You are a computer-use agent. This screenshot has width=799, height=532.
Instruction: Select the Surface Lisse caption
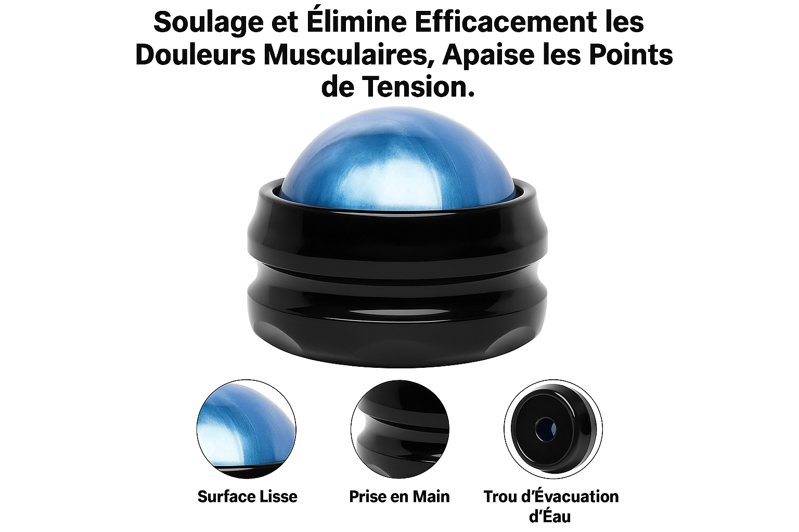(247, 496)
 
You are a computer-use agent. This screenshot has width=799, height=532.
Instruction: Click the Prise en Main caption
(399, 496)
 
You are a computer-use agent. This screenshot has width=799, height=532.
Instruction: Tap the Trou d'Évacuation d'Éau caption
(551, 507)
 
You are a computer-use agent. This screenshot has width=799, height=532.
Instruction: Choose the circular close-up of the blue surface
(247, 429)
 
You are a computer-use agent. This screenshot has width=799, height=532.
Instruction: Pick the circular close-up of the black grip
(400, 429)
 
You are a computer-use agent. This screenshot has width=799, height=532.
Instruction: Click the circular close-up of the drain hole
(553, 429)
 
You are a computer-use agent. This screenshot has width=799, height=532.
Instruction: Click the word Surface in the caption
(228, 496)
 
